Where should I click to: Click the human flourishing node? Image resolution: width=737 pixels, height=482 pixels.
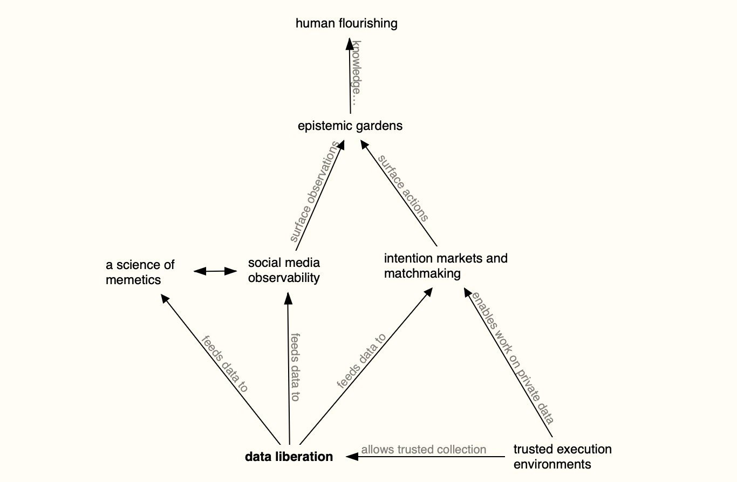(346, 23)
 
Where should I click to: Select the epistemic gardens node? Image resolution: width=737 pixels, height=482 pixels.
(350, 126)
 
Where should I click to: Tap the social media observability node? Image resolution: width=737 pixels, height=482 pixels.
(284, 270)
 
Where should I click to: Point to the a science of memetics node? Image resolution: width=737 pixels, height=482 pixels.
(140, 272)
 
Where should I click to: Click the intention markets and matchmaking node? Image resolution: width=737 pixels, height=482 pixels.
(446, 265)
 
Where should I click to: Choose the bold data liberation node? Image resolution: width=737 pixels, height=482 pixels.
(289, 457)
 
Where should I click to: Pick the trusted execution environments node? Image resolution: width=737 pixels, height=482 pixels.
(562, 456)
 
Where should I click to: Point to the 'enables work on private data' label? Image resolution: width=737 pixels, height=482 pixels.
(513, 359)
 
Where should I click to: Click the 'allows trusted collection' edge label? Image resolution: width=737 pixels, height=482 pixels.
(424, 450)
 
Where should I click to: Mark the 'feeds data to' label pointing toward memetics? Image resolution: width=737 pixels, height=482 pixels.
(224, 364)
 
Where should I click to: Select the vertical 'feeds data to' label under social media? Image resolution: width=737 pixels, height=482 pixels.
(295, 367)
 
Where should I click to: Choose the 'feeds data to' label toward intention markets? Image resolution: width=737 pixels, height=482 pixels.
(361, 361)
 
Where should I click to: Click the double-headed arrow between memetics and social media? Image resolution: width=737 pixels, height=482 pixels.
(216, 271)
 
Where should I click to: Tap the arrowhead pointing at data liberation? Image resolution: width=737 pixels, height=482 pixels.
(352, 457)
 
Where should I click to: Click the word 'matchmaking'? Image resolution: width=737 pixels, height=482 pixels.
(422, 273)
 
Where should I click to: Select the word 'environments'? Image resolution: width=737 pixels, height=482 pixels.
(552, 464)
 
